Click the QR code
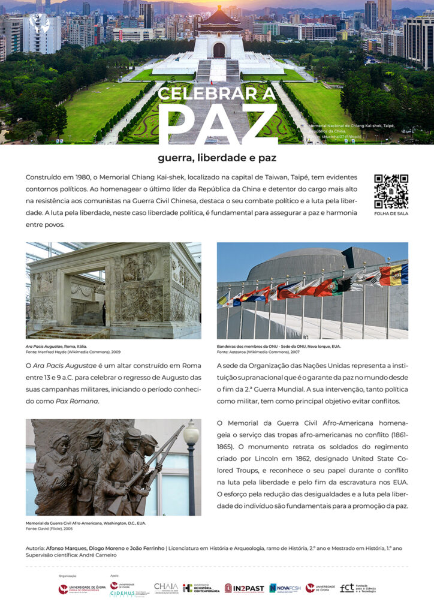click(391, 191)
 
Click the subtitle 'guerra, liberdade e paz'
click(217, 158)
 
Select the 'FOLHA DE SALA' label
click(391, 213)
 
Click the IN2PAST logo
click(244, 588)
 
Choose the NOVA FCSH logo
click(285, 588)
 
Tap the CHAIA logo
click(165, 588)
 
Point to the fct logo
click(358, 588)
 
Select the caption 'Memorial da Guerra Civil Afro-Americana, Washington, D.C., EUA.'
click(86, 523)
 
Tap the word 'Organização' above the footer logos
click(67, 576)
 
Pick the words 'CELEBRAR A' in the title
click(217, 94)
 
